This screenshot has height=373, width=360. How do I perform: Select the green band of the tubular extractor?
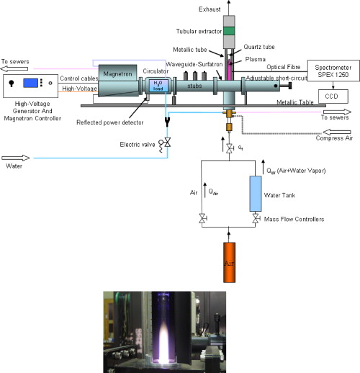click(228, 31)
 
